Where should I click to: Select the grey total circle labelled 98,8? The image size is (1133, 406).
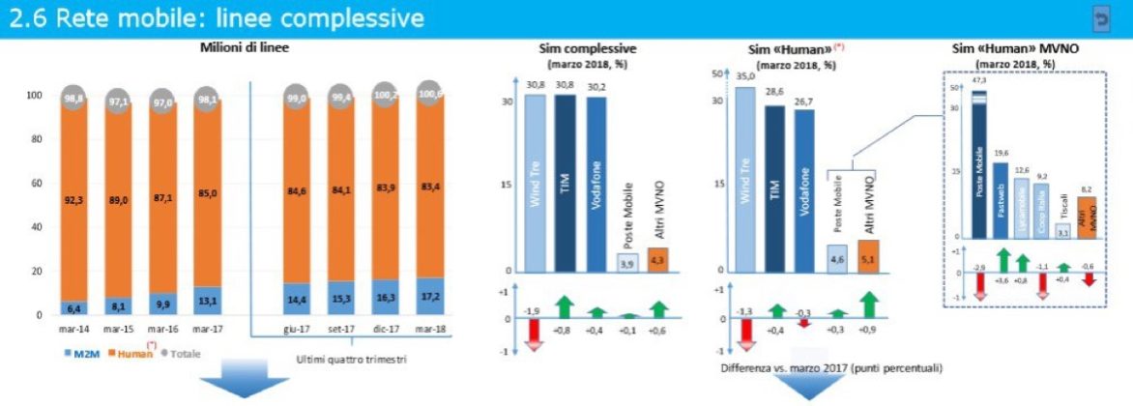tap(72, 98)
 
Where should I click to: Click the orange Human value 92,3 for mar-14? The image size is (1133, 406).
tap(72, 200)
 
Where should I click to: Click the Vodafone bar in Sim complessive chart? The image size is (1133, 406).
tap(597, 184)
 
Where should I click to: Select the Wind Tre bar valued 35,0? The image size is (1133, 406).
tap(744, 179)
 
